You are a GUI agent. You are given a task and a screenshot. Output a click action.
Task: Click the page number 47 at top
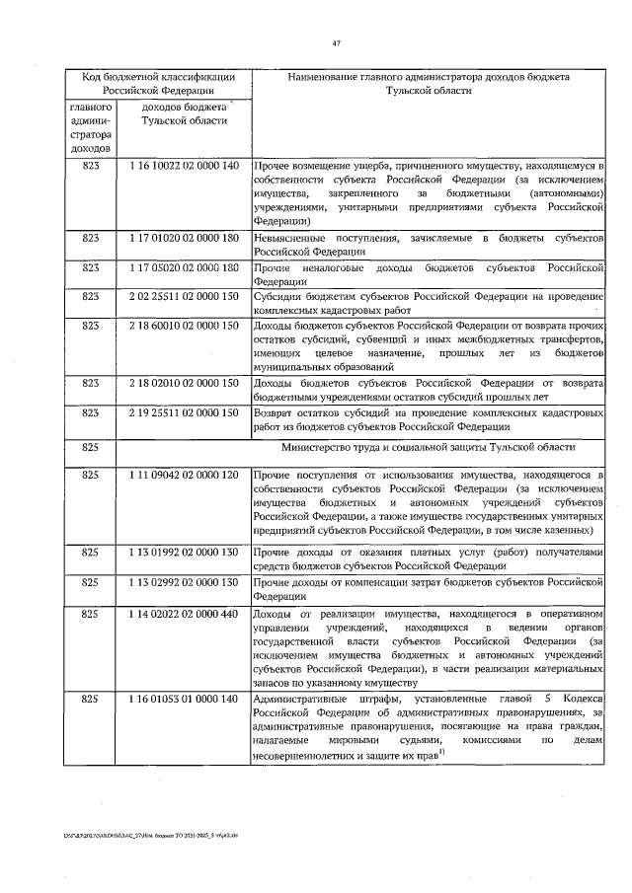(x=337, y=42)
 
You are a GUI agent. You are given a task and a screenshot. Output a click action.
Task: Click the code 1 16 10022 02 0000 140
(x=184, y=165)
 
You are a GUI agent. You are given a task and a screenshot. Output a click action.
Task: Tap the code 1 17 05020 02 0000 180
(x=184, y=267)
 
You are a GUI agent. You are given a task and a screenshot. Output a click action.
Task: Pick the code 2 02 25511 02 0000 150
(x=184, y=296)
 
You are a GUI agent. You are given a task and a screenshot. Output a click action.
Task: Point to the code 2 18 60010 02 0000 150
(x=184, y=325)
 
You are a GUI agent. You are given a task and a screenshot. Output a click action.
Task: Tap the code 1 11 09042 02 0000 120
(x=184, y=476)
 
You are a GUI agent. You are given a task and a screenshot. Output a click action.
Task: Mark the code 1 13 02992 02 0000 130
(x=184, y=582)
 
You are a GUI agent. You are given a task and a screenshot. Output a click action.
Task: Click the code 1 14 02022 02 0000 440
(x=184, y=613)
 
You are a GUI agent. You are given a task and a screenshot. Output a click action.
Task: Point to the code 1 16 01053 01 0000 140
(x=184, y=699)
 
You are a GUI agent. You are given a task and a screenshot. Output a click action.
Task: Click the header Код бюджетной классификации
(x=157, y=76)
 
